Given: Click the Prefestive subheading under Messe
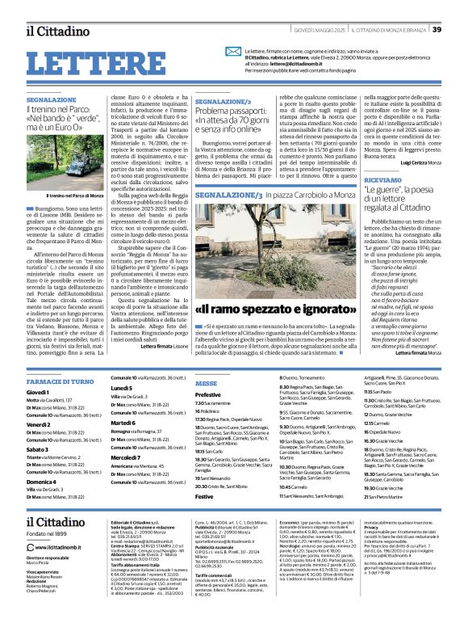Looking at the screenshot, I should (x=208, y=394).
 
